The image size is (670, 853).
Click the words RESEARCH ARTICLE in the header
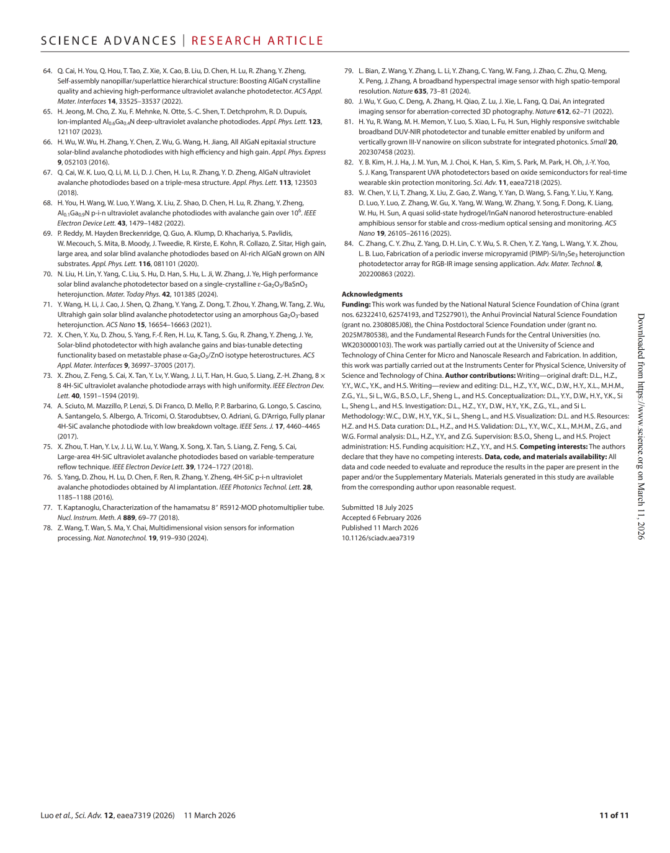pyautogui.click(x=257, y=41)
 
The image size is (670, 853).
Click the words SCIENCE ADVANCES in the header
pyautogui.click(x=109, y=41)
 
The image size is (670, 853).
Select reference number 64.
pyautogui.click(x=47, y=71)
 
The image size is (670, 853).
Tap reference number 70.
pyautogui.click(x=47, y=274)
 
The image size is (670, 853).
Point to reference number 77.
pyautogui.click(x=47, y=507)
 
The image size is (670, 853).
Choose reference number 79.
pyautogui.click(x=349, y=71)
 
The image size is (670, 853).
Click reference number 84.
pyautogui.click(x=349, y=244)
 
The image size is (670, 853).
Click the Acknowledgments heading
pyautogui.click(x=372, y=295)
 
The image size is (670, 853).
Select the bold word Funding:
pyautogui.click(x=356, y=305)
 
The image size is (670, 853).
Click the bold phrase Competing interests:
pyautogui.click(x=553, y=447)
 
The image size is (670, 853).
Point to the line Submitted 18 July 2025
pyautogui.click(x=377, y=507)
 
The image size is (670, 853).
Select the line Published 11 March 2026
pyautogui.click(x=380, y=528)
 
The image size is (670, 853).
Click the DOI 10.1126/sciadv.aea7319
pyautogui.click(x=378, y=538)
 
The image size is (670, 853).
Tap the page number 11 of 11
pyautogui.click(x=614, y=816)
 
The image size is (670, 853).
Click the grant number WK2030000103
pyautogui.click(x=366, y=346)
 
